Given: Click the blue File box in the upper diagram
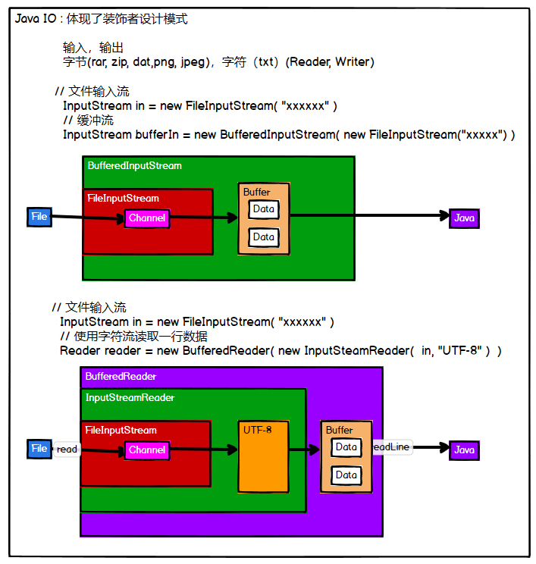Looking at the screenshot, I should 39,217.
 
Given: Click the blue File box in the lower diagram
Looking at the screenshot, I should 39,449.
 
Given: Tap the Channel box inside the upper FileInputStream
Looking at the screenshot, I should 147,218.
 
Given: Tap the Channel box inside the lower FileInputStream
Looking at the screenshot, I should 147,450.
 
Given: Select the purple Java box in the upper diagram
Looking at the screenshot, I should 464,218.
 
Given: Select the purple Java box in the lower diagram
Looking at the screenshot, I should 464,450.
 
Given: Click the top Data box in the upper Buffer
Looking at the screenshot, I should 264,209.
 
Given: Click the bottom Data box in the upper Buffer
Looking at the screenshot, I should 264,237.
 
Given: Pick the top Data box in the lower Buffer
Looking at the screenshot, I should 346,447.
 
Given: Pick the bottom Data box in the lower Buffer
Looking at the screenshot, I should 346,475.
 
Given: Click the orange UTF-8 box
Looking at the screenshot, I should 264,456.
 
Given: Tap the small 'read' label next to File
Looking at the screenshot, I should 67,450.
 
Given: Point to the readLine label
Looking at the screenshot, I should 391,447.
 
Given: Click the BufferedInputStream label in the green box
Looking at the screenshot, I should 134,165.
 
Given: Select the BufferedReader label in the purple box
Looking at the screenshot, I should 121,376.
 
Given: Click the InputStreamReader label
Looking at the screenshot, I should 130,398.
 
